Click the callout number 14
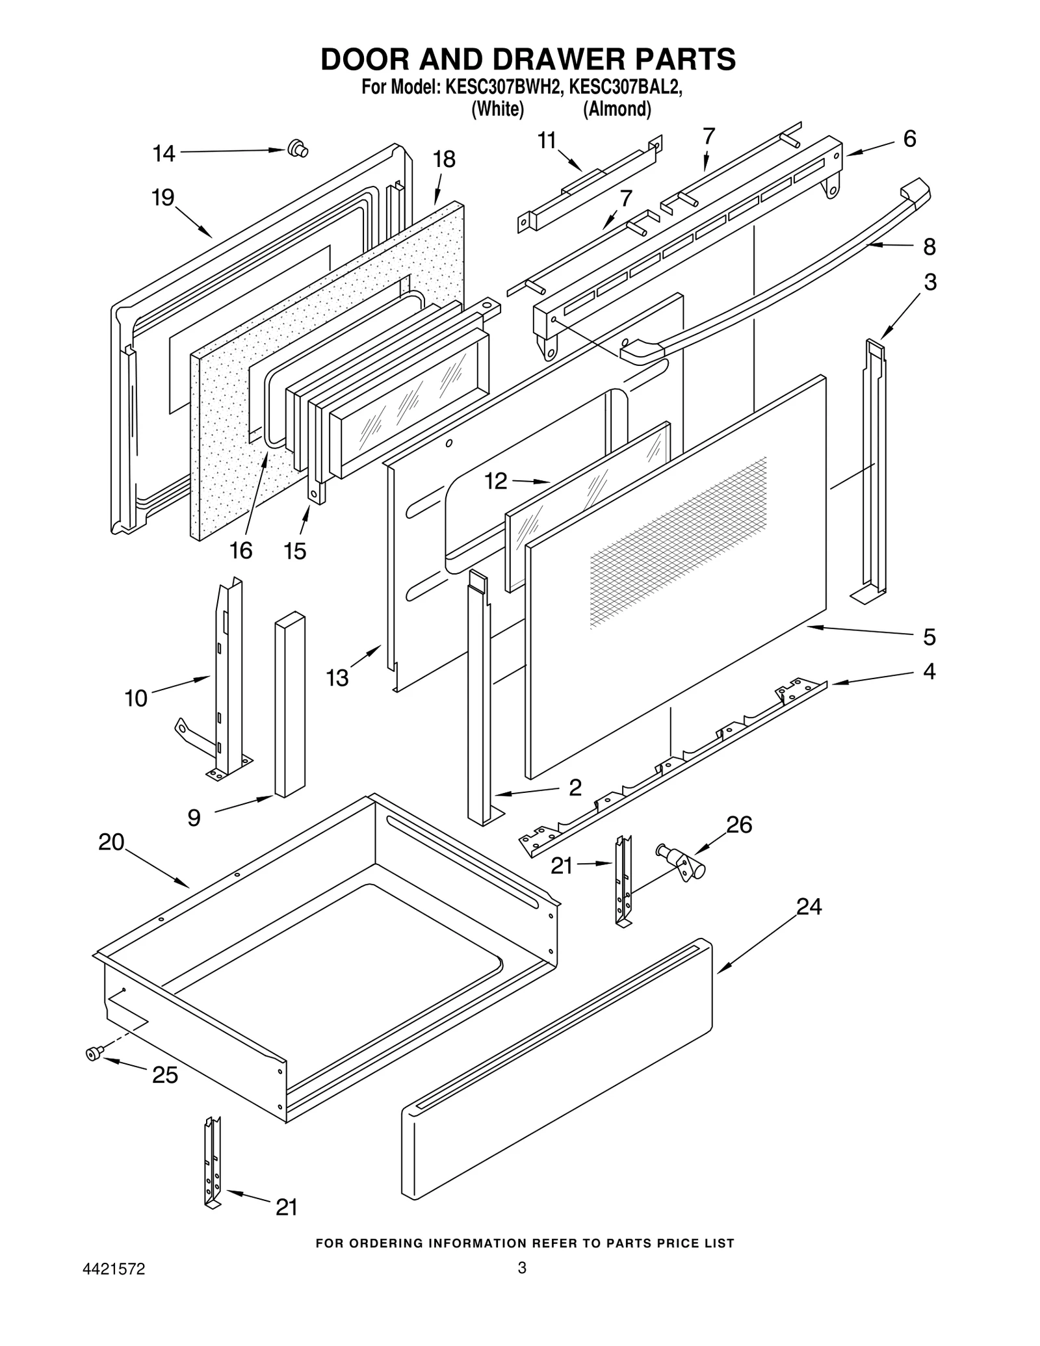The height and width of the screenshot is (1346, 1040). point(164,154)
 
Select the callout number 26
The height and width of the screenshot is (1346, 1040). point(739,825)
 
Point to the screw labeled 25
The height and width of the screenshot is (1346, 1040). point(93,1054)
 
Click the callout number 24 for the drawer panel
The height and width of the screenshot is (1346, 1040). point(809,906)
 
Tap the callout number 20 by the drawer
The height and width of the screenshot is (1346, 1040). point(111,842)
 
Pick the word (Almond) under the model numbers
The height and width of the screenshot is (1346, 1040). point(617,109)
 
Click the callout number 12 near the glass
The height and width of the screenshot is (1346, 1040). point(496,482)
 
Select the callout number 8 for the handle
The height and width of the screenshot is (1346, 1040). point(929,247)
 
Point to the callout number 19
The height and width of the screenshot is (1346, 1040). point(163,197)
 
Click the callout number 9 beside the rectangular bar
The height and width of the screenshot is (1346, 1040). point(194,818)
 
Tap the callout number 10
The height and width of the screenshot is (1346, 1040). point(136,699)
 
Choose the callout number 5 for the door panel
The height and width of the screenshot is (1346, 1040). point(929,638)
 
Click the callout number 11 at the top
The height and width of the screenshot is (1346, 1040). point(547,140)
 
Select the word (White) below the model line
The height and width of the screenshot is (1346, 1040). point(497,109)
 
